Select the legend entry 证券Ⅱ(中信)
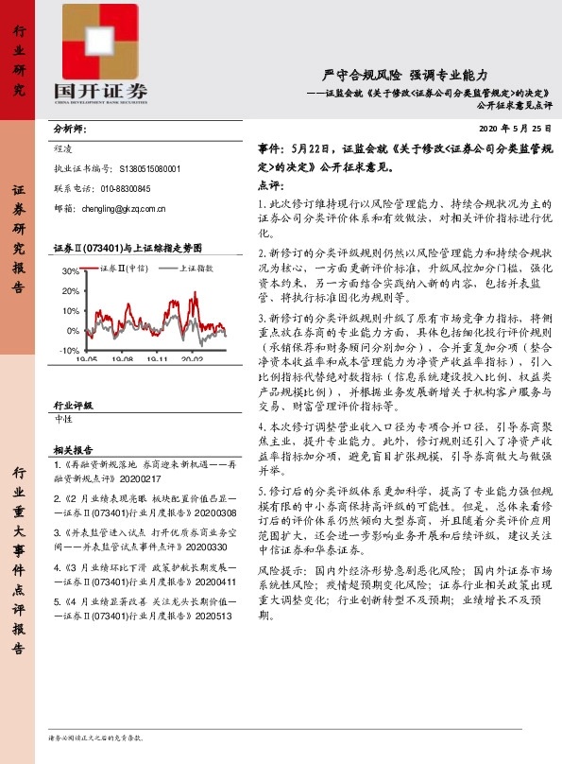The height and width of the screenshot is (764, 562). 124,269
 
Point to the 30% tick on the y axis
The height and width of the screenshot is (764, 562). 69,271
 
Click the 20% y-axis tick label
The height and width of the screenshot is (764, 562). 69,291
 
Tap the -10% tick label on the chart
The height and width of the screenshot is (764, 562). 68,351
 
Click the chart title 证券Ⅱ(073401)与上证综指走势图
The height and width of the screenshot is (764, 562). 128,248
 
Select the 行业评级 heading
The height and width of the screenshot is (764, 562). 74,405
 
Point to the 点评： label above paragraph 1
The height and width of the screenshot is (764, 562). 271,187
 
